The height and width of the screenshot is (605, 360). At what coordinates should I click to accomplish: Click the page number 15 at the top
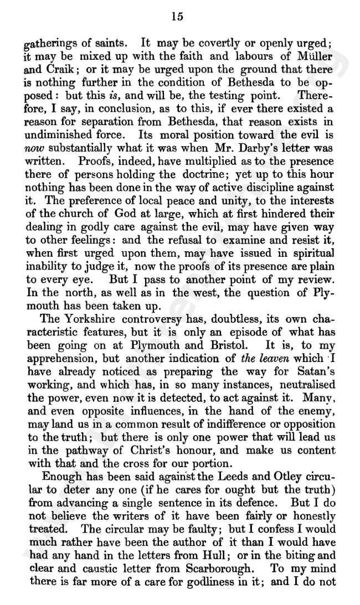click(178, 17)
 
